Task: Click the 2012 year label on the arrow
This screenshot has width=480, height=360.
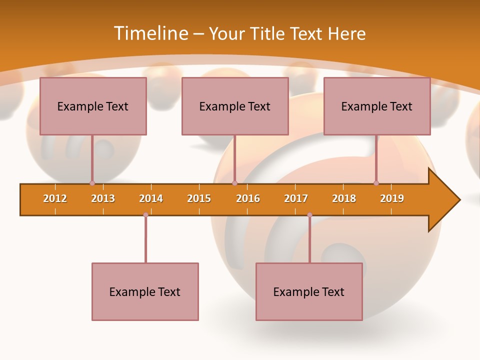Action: coord(55,198)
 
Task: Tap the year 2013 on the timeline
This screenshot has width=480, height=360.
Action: coord(103,198)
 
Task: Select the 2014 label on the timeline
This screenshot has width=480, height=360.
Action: coord(151,198)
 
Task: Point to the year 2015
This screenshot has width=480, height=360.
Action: coord(199,198)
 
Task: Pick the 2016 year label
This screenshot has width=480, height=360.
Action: coord(248,198)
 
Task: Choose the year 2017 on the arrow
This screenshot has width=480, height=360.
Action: coord(296,198)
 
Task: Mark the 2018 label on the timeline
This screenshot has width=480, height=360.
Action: coord(344,198)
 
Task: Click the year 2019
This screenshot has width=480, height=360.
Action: coord(392,198)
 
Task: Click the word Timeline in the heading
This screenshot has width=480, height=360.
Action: coord(150,33)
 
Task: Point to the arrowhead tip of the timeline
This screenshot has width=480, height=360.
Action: coord(459,200)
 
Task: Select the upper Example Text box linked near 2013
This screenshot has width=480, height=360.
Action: coord(93,106)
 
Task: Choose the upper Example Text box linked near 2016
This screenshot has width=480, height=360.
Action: coord(235,106)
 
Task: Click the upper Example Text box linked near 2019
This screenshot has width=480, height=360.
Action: coord(377,106)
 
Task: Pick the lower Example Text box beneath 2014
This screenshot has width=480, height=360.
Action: coord(145,291)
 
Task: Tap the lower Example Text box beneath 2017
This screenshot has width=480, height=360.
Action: coord(309,291)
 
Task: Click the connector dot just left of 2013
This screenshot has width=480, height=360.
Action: coord(92,183)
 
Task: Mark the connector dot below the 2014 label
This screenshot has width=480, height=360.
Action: coord(145,214)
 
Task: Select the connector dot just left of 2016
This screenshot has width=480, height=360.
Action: coord(234,183)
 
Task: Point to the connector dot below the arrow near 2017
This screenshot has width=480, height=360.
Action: coord(309,214)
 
